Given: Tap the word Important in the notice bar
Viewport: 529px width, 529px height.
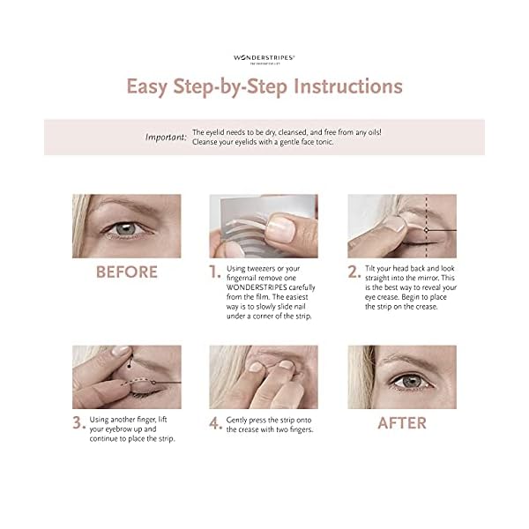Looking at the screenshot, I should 165,137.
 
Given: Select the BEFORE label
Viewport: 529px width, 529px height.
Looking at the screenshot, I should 126,272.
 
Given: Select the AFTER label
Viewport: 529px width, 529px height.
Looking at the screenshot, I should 401,422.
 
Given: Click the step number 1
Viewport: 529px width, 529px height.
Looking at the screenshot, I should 213,272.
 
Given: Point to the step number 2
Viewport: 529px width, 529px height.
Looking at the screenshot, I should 353,272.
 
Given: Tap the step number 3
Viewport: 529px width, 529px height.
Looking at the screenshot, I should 78,422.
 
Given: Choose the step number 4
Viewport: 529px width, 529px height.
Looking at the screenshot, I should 214,422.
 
